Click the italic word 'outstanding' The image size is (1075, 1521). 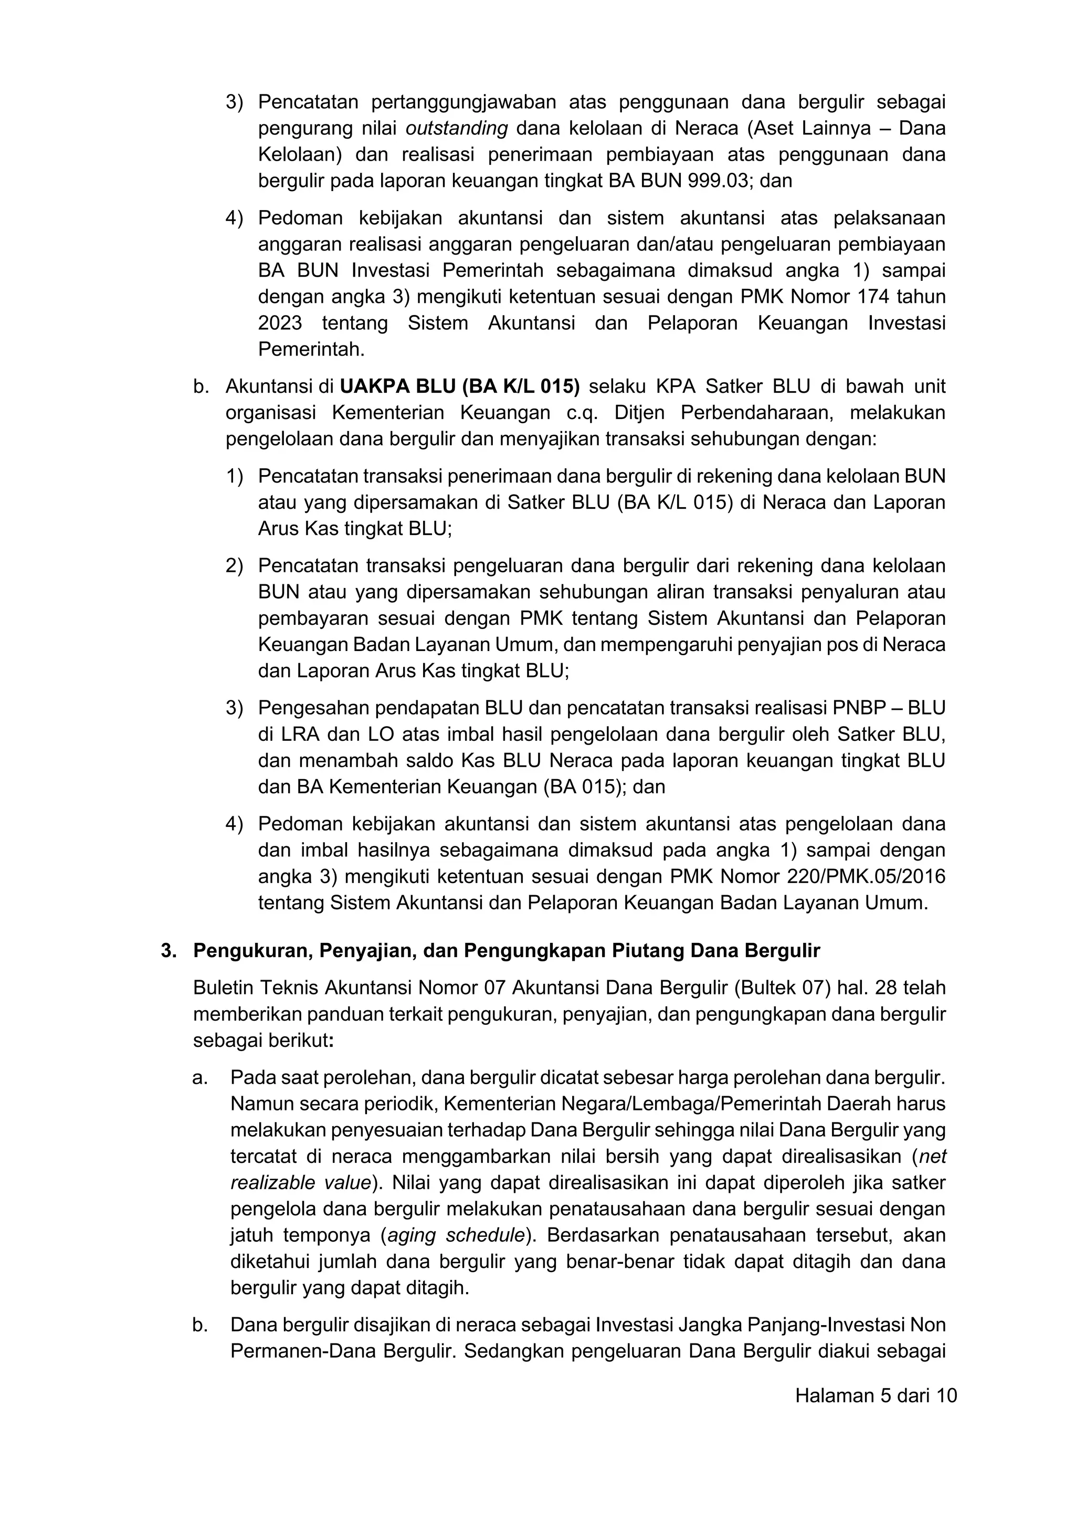click(456, 129)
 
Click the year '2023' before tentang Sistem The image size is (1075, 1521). click(280, 323)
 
